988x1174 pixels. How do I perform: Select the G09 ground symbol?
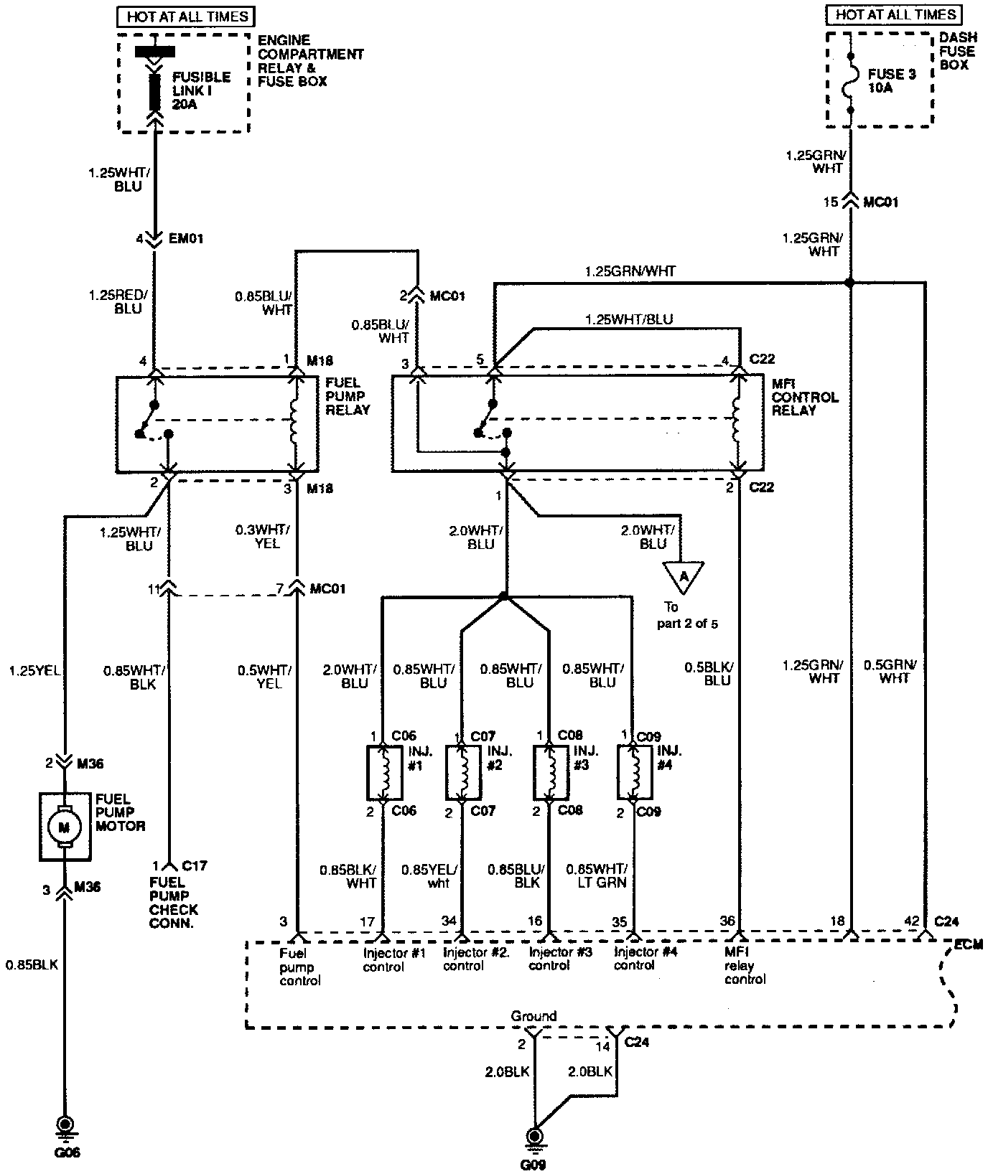(x=533, y=1137)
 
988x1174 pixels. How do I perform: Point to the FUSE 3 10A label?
(x=891, y=80)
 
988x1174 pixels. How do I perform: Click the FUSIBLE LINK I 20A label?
(x=201, y=90)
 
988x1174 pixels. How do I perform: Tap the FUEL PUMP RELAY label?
(x=348, y=396)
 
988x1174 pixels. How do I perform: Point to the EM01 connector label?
(x=186, y=238)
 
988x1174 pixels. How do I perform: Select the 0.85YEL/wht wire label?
(x=430, y=876)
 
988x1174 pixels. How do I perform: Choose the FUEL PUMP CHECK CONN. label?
(x=174, y=903)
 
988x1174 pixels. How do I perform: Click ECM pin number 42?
(x=911, y=921)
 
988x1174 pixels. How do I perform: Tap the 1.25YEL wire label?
(x=34, y=671)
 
